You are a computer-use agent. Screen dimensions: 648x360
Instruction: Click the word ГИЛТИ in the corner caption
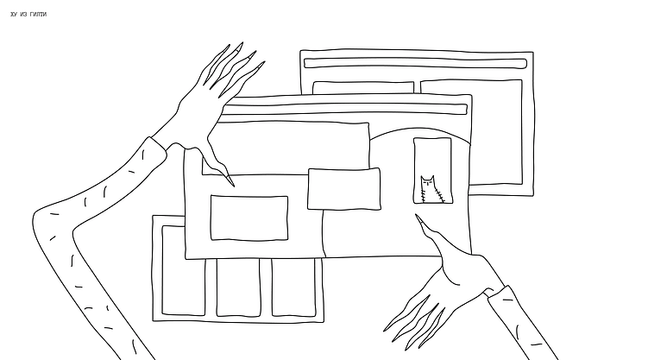pyautogui.click(x=38, y=15)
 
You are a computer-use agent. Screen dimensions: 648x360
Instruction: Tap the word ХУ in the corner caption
pyautogui.click(x=14, y=15)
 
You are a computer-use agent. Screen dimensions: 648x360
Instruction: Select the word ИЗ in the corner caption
pyautogui.click(x=23, y=15)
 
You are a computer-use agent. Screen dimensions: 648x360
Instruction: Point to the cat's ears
pyautogui.click(x=427, y=178)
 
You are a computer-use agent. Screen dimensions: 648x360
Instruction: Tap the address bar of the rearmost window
pyautogui.click(x=415, y=63)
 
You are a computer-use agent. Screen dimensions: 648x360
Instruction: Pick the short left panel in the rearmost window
pyautogui.click(x=363, y=87)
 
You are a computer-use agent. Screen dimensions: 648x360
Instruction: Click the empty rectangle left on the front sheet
pyautogui.click(x=249, y=218)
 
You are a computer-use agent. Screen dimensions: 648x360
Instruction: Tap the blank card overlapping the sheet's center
pyautogui.click(x=343, y=189)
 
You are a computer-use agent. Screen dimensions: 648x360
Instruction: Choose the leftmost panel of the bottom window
pyautogui.click(x=183, y=271)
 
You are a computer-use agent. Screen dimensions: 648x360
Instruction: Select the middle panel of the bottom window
pyautogui.click(x=238, y=287)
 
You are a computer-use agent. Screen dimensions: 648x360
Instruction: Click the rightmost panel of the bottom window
pyautogui.click(x=294, y=287)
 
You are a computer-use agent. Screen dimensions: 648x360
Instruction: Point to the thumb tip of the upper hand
pyautogui.click(x=233, y=185)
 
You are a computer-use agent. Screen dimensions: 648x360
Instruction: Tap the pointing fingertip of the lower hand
pyautogui.click(x=417, y=216)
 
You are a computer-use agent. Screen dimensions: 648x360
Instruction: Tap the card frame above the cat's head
pyautogui.click(x=432, y=139)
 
